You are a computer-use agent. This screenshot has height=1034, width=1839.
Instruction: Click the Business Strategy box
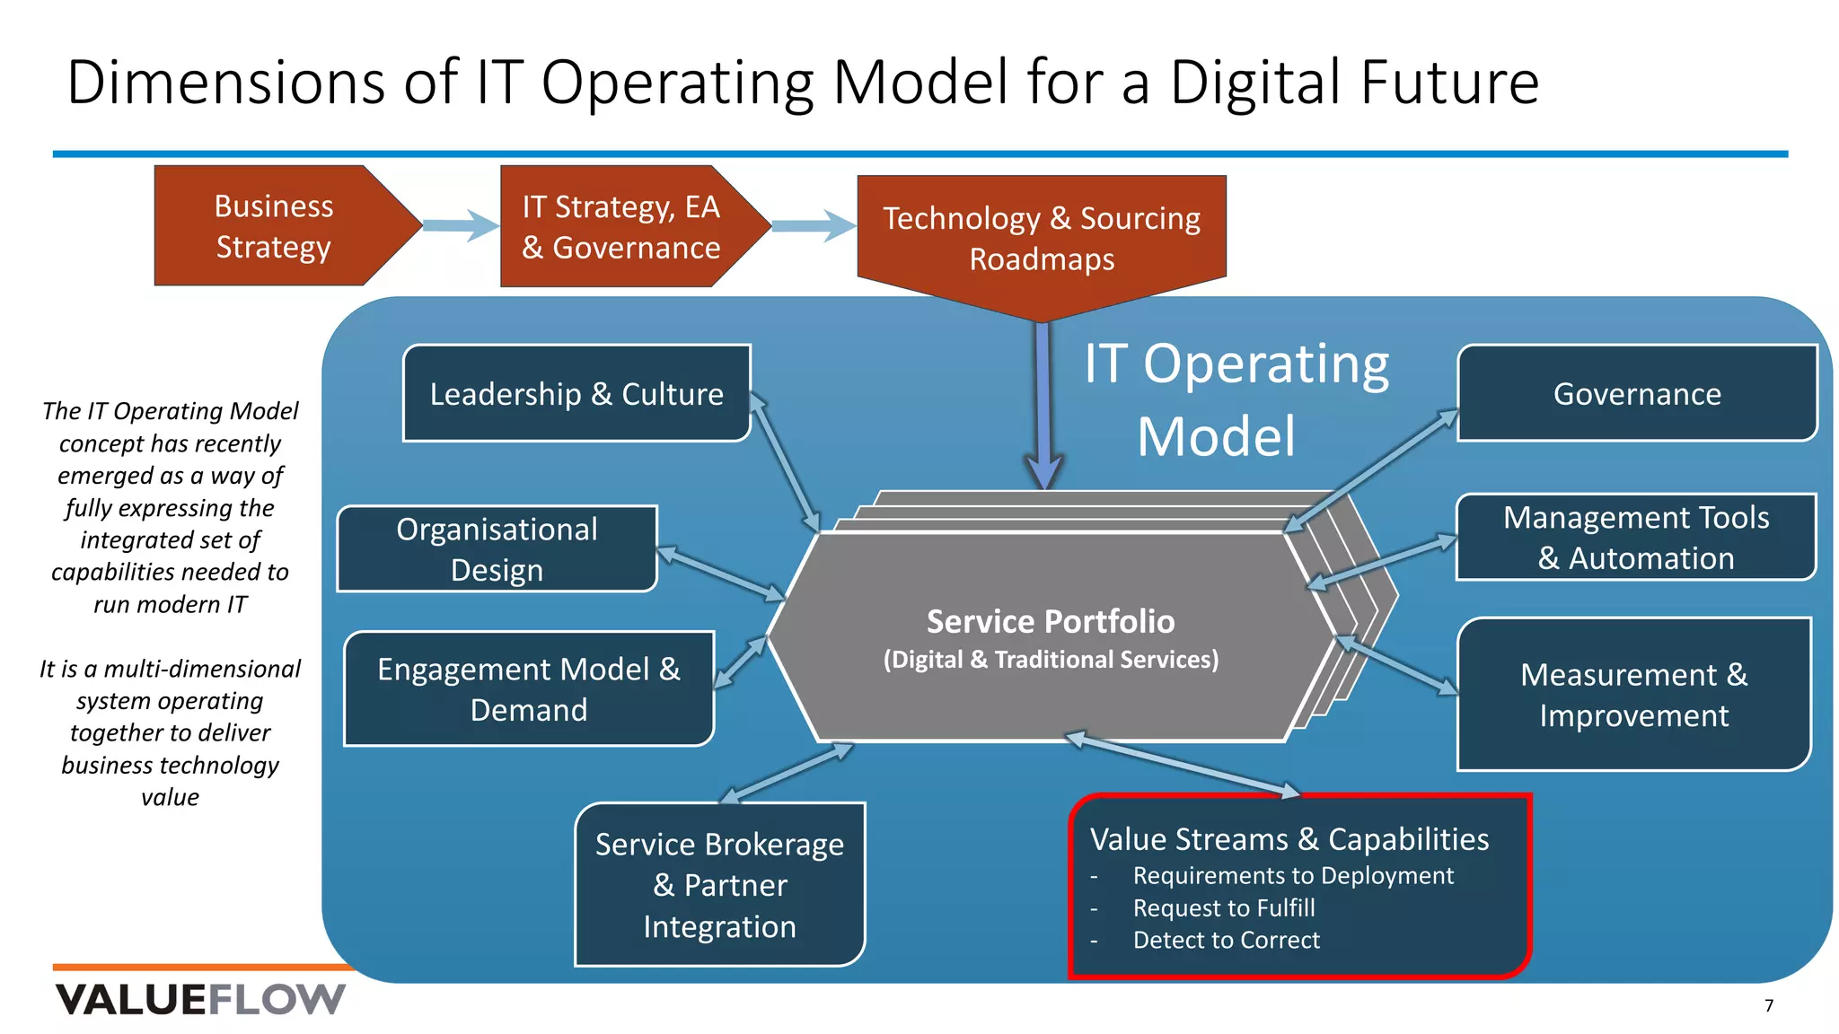(274, 226)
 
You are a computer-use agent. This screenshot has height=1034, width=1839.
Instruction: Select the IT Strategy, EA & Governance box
(621, 227)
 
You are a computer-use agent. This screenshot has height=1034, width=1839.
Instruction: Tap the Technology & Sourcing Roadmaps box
(1042, 239)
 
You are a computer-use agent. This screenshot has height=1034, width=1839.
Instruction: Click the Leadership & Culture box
(576, 394)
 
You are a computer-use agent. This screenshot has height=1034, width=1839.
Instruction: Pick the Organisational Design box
(497, 549)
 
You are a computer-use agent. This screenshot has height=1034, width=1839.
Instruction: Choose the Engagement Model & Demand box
(529, 689)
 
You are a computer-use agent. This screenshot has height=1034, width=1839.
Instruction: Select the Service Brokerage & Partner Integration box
(719, 885)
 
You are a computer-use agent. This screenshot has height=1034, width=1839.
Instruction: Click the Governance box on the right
(1637, 394)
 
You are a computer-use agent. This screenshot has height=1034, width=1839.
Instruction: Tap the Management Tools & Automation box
(1636, 538)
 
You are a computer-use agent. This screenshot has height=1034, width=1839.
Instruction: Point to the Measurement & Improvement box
(1633, 695)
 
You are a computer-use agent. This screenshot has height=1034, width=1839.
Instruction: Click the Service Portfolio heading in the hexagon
(1051, 621)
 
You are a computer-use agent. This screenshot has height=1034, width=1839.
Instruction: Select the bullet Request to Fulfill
(1224, 908)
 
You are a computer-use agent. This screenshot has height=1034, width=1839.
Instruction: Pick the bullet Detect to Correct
(1227, 941)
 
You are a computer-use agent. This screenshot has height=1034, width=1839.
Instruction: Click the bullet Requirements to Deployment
(1293, 876)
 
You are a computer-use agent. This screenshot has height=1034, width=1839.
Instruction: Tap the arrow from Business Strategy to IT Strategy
(461, 225)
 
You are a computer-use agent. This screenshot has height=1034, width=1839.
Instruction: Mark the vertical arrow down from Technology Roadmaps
(1043, 404)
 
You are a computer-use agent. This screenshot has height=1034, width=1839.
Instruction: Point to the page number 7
(1769, 1006)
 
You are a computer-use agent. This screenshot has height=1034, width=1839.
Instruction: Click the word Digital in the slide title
(1257, 83)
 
